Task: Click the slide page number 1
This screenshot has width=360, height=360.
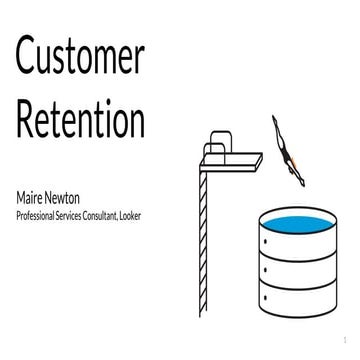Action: pos(342,340)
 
